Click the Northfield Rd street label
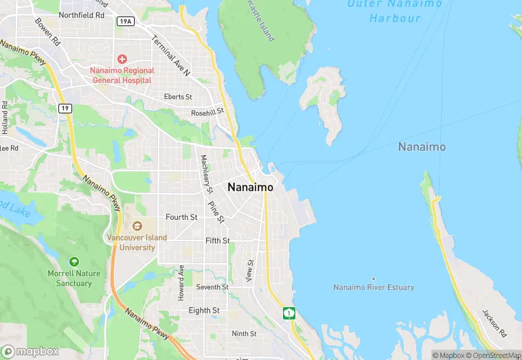[82, 14]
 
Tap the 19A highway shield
[125, 21]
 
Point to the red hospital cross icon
[122, 59]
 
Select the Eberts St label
[178, 98]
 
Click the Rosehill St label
[207, 112]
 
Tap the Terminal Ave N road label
[171, 55]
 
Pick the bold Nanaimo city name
[250, 187]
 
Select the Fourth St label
[181, 217]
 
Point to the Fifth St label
[217, 240]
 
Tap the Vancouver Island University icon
[137, 226]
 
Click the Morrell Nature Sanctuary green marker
[73, 262]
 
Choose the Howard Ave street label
[181, 282]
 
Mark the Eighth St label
[204, 311]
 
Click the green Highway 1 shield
[288, 313]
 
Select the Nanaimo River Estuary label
[374, 287]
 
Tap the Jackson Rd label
[494, 324]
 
